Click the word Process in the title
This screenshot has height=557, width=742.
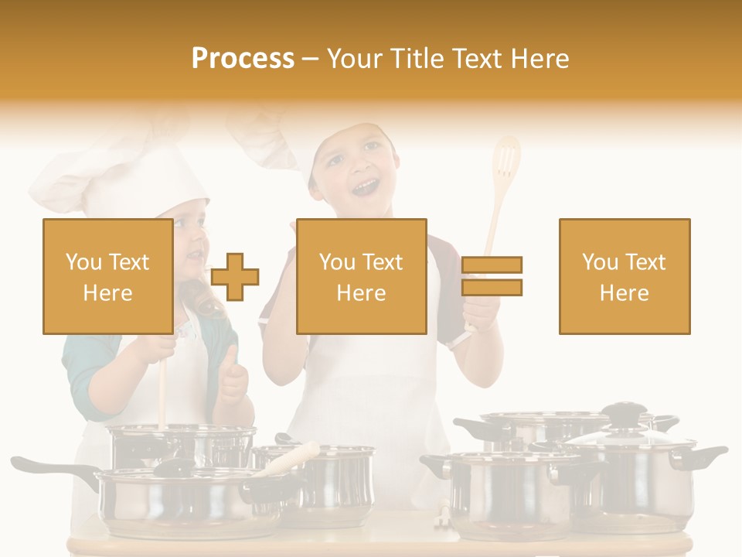243,58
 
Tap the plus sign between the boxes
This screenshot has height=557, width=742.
235,277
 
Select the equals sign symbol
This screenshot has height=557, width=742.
492,276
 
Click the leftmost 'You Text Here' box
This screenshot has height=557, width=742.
107,276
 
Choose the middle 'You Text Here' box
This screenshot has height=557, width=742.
361,276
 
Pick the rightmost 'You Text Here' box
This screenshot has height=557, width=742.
624,276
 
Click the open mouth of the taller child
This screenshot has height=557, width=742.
366,186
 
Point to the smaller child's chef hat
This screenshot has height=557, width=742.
116,174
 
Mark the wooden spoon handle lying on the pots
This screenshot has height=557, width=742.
294,458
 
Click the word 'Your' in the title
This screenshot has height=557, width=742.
356,58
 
